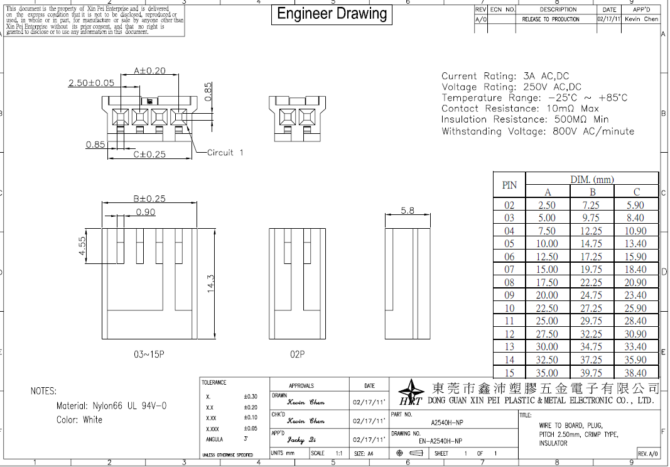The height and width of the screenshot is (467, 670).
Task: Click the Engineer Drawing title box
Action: point(332,14)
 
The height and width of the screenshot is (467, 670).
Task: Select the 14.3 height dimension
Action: point(211,283)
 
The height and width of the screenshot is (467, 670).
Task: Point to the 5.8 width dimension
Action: point(408,211)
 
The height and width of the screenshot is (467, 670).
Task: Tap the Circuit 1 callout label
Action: point(225,152)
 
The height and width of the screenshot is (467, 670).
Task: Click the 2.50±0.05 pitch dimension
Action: point(91,82)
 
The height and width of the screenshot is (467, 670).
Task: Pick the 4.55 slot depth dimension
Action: point(82,246)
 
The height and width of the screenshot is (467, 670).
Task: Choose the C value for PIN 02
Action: point(635,205)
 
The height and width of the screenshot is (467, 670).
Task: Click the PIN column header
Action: point(509,185)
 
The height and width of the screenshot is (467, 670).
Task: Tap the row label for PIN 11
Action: point(509,321)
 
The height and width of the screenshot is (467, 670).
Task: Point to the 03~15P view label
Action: point(149,354)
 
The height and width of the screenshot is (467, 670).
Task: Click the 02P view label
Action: point(297,354)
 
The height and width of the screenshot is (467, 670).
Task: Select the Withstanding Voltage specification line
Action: point(538,131)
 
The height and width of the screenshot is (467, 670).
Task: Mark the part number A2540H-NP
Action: point(448,423)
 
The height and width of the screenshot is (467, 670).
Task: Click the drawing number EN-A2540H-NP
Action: point(440,441)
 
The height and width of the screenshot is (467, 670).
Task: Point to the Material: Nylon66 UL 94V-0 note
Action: point(111,406)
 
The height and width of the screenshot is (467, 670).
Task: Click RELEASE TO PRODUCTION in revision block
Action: point(551,19)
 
